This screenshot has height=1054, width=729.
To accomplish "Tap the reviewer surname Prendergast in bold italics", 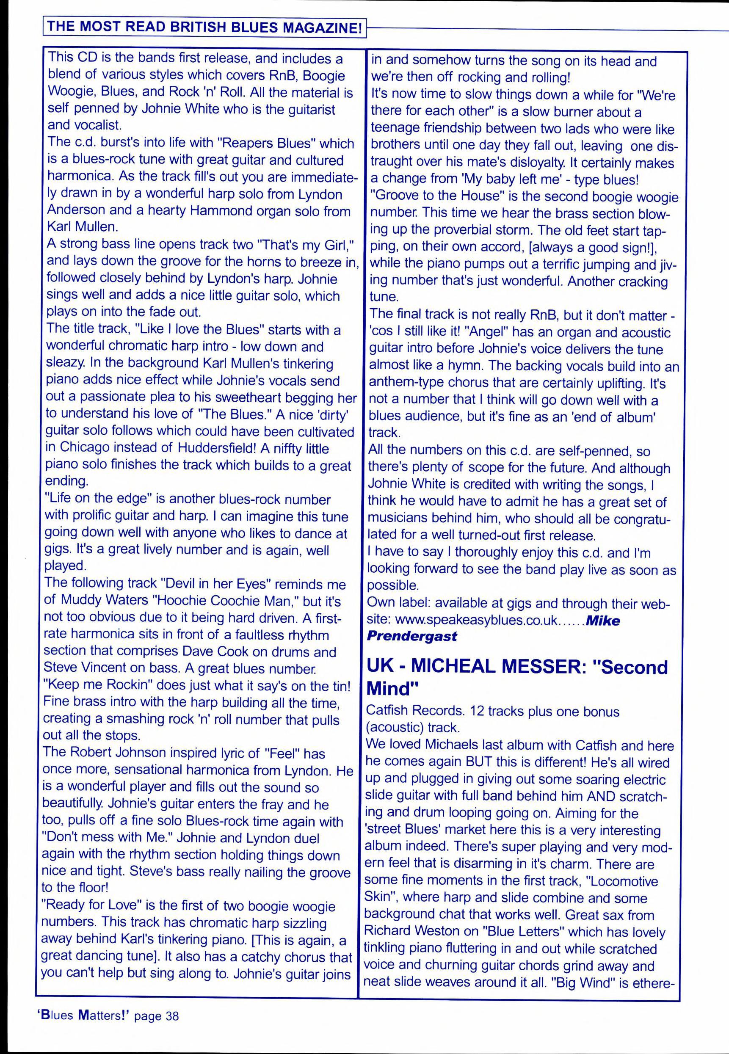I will pos(411,636).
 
